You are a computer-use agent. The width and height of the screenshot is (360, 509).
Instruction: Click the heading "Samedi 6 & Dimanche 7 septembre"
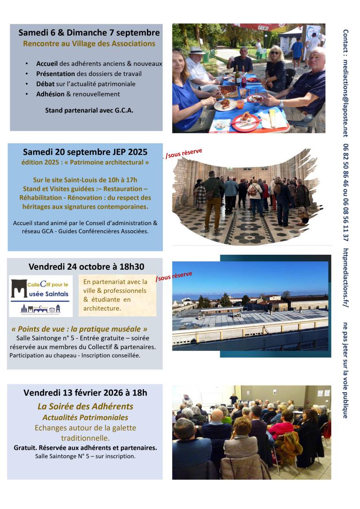pyautogui.click(x=89, y=33)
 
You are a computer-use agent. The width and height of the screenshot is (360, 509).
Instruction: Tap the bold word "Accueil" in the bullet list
pyautogui.click(x=47, y=63)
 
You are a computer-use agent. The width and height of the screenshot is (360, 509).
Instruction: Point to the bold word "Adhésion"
pyautogui.click(x=50, y=94)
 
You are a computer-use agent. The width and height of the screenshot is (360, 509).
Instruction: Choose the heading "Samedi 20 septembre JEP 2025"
pyautogui.click(x=85, y=152)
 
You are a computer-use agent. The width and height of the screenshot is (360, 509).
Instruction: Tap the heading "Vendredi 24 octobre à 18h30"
pyautogui.click(x=86, y=266)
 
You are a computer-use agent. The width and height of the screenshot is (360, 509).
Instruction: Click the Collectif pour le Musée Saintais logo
pyautogui.click(x=41, y=296)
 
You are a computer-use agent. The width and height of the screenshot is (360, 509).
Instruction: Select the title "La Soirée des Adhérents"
pyautogui.click(x=85, y=406)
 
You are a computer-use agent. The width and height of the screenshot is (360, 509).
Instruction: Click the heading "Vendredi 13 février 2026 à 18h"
pyautogui.click(x=85, y=393)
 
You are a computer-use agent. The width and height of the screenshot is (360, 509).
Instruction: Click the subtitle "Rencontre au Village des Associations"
pyautogui.click(x=89, y=44)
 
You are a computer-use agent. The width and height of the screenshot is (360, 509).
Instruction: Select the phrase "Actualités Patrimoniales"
pyautogui.click(x=85, y=417)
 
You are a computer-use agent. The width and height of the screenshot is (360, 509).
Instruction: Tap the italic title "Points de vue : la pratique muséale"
pyautogui.click(x=79, y=329)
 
